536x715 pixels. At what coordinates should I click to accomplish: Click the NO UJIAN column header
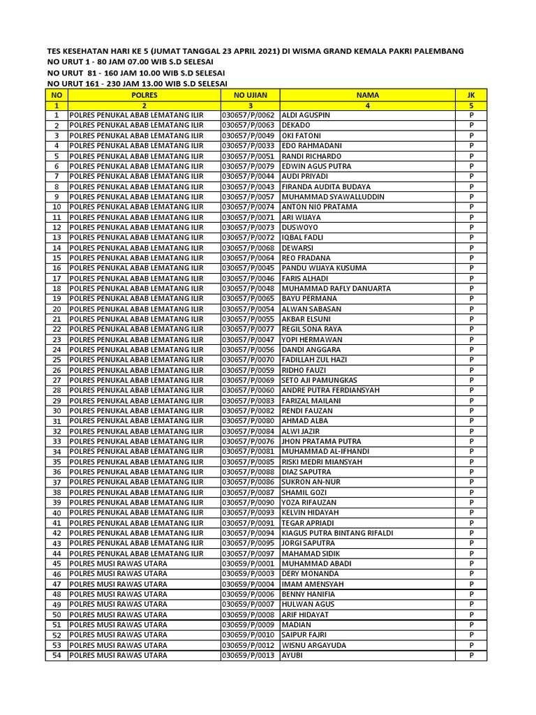pos(250,94)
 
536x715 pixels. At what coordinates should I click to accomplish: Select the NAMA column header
pos(367,94)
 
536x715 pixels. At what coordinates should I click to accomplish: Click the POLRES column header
pos(144,94)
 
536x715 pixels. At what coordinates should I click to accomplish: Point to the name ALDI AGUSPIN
pos(306,115)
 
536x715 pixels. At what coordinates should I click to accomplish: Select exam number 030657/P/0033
pos(250,145)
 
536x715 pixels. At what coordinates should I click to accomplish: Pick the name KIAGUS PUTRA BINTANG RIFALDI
pos(337,533)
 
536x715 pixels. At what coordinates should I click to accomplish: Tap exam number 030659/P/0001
pos(250,563)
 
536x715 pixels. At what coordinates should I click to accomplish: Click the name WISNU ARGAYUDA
pos(313,645)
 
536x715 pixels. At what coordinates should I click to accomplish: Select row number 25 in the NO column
pos(57,360)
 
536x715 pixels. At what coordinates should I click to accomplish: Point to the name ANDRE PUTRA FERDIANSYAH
pos(330,390)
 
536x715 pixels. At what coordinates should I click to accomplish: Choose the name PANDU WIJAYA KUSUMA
pos(324,268)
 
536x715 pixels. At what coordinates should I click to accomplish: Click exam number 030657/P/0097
pos(250,553)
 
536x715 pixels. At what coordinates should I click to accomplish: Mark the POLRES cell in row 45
pos(119,563)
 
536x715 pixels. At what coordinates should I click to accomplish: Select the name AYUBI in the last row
pos(292,656)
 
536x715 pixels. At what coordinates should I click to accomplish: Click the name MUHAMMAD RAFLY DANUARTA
pos(336,288)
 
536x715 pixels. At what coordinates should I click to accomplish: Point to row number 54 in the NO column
pos(57,656)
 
